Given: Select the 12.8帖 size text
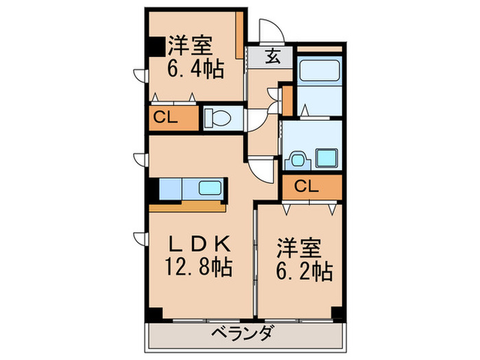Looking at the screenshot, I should [198, 267].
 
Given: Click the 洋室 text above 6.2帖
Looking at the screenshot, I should [300, 246].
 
